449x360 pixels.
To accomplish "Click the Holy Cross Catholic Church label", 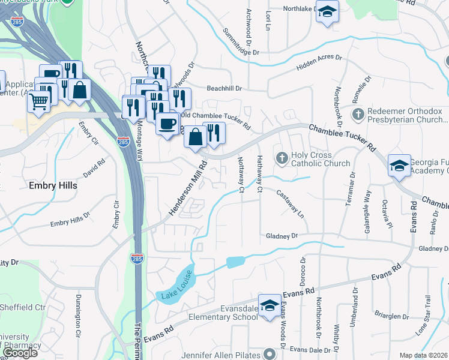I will pyautogui.click(x=320, y=159).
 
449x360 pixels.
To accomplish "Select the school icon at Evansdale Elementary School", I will pyautogui.click(x=270, y=305).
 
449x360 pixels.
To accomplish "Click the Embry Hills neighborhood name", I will pyautogui.click(x=53, y=186).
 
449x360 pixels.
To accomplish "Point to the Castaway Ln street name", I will pyautogui.click(x=291, y=204).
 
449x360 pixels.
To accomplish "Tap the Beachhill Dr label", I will pyautogui.click(x=224, y=88).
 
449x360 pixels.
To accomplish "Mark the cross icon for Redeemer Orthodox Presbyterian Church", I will pyautogui.click(x=358, y=114).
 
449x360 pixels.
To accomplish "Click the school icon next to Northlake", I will pyautogui.click(x=327, y=12).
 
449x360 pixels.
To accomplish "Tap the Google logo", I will pyautogui.click(x=20, y=353).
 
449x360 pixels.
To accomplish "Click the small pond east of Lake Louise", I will pyautogui.click(x=236, y=262).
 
